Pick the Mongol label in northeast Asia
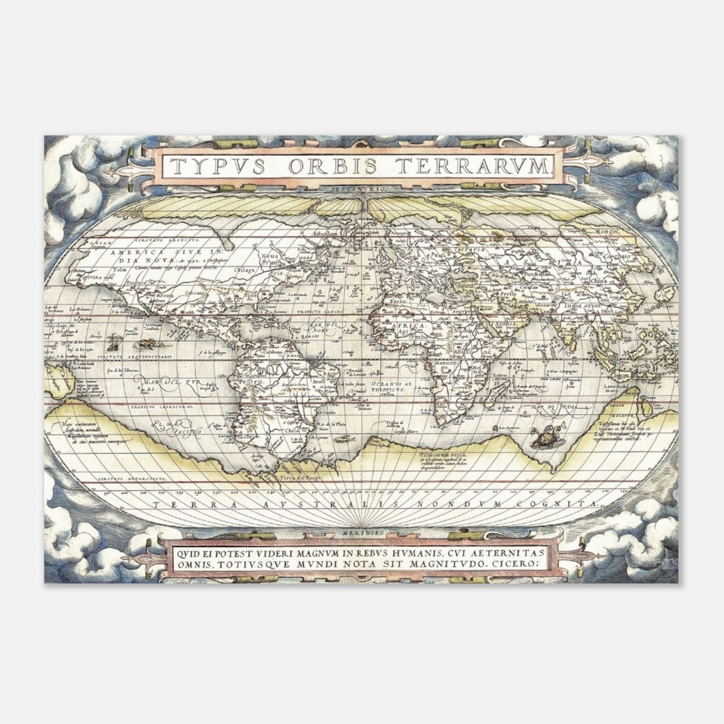[606, 232]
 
